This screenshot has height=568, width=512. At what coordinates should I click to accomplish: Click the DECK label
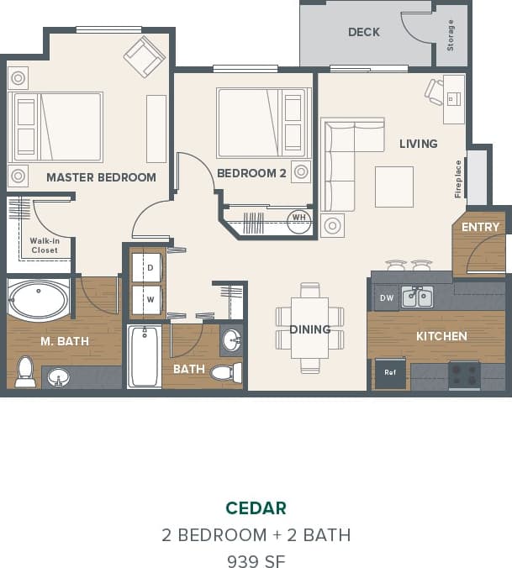coord(363,32)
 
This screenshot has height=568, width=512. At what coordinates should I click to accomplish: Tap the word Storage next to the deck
coord(451,35)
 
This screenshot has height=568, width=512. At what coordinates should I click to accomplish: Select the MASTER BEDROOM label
coord(101,177)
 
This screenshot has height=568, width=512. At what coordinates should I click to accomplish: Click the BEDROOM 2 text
coord(251,173)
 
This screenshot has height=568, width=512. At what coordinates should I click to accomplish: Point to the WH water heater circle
coord(298,219)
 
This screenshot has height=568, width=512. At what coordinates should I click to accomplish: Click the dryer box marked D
coord(150,267)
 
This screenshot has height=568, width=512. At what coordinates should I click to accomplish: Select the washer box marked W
coord(150,298)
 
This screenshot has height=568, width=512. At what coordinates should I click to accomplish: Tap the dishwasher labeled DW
coord(386,297)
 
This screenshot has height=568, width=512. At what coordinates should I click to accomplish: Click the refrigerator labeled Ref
coord(389,372)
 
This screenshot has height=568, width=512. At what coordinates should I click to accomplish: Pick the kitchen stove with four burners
coord(463,372)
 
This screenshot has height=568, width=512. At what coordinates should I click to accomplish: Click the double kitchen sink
coord(417,297)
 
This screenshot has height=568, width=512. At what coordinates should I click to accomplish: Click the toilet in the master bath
coord(24,371)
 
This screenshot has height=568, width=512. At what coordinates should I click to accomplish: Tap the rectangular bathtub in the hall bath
coord(144,356)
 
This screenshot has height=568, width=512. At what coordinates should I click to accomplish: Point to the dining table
coord(309,329)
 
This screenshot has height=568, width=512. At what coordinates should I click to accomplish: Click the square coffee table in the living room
coord(393,187)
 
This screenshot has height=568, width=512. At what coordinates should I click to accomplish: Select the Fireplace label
coord(458,178)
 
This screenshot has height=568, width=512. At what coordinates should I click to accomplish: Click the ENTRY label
coord(480,227)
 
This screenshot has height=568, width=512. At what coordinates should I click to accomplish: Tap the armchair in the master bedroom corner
coord(145,55)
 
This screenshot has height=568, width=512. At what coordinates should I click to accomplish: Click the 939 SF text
coord(256,560)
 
